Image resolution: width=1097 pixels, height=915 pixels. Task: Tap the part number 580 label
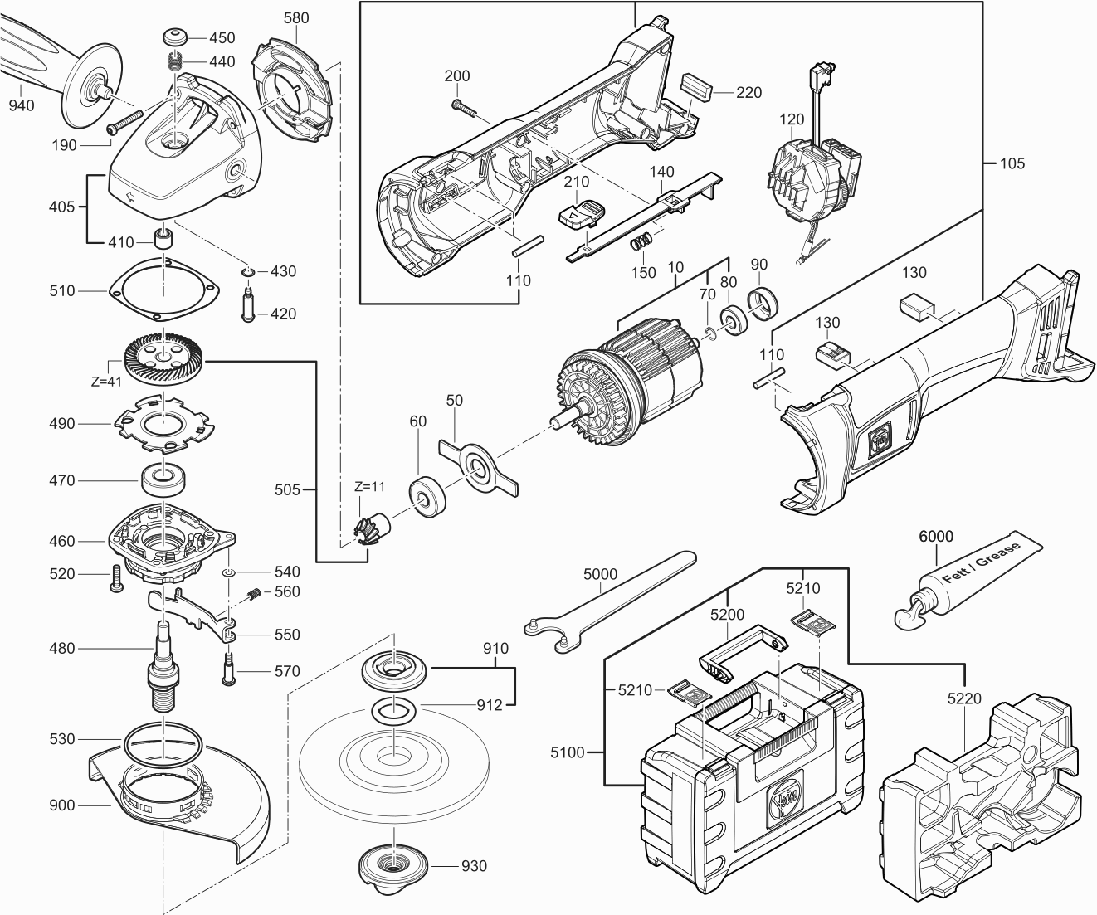[295, 17]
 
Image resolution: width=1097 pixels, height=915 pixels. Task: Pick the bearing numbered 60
[428, 497]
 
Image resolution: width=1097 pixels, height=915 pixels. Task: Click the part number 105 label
[1011, 163]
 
